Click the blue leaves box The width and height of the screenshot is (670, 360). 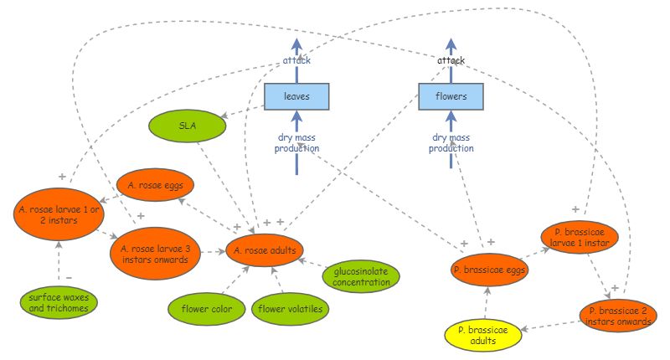click(x=296, y=97)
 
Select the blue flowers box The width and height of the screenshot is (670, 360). click(x=451, y=97)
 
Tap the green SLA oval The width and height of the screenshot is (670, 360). click(x=188, y=126)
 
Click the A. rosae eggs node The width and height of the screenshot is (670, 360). click(x=155, y=183)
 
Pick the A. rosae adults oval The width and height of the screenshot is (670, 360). click(x=265, y=250)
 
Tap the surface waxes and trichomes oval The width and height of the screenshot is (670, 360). click(x=59, y=302)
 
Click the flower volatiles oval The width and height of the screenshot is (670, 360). click(x=289, y=309)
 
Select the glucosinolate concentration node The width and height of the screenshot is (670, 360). click(x=362, y=277)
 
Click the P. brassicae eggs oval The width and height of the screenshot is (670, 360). click(x=488, y=270)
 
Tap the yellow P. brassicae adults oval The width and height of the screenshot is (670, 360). click(x=487, y=335)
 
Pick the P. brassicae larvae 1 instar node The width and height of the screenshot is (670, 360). click(x=580, y=236)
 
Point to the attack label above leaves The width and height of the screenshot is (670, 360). click(x=296, y=61)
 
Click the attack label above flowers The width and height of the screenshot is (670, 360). click(x=451, y=61)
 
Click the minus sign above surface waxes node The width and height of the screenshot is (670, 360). click(x=69, y=278)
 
